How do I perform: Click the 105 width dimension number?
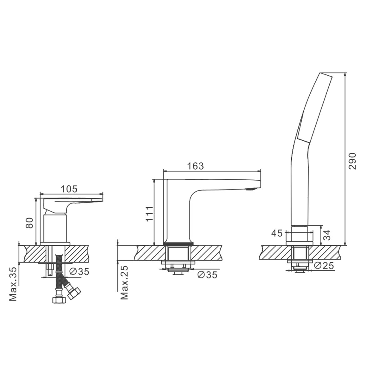coord(69,189)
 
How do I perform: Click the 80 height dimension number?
coord(30,222)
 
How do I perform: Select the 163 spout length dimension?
coord(195,166)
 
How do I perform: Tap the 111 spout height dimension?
coord(150,214)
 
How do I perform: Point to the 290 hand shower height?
coord(352,161)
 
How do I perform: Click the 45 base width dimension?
coord(277,233)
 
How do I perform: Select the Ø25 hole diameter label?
coord(324,266)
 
